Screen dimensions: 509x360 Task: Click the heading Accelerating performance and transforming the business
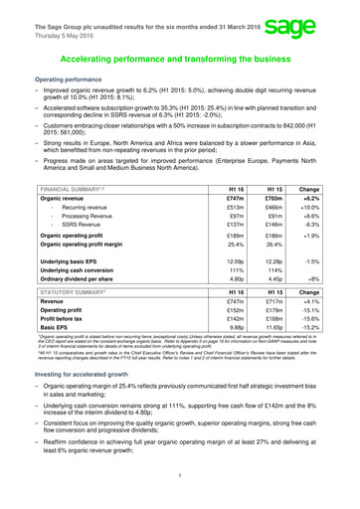pyautogui.click(x=180, y=59)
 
